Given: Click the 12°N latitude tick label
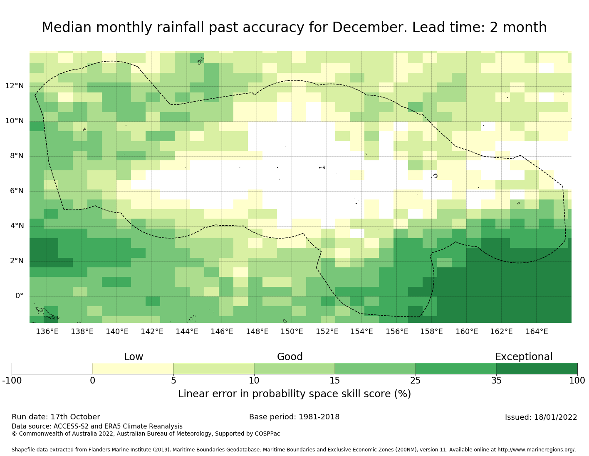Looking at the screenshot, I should [x=15, y=86].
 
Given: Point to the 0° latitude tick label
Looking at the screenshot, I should [x=20, y=296].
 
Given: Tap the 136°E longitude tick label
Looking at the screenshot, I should [x=47, y=331].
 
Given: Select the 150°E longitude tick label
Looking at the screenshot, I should [x=292, y=331].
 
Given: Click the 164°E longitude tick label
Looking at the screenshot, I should [x=537, y=331].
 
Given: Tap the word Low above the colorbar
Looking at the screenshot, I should [x=134, y=357].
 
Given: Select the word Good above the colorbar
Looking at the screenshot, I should [x=290, y=357].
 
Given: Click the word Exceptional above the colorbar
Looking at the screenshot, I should [x=524, y=357].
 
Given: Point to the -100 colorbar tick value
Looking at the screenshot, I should [x=12, y=380].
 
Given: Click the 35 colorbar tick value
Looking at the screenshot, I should [x=496, y=380].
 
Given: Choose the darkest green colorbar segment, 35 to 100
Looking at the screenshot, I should [x=537, y=369].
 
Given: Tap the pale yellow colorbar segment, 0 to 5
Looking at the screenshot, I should [x=133, y=369].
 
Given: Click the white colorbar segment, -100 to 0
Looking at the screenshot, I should [x=52, y=369].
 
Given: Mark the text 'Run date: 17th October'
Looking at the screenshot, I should [x=56, y=417].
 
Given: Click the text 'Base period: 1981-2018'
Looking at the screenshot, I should [x=294, y=417].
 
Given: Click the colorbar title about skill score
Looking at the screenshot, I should [x=294, y=394].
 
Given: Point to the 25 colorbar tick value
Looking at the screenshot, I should [x=416, y=380].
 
